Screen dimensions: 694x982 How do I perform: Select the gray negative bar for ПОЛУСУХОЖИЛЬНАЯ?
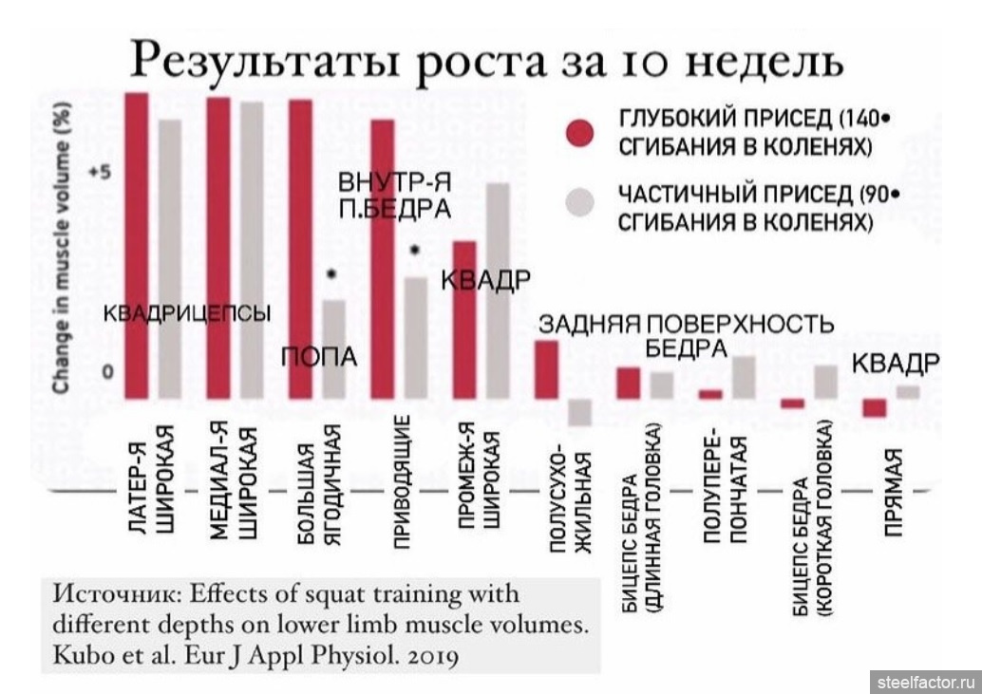coord(579,412)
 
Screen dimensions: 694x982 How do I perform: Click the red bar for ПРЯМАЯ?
coord(874,407)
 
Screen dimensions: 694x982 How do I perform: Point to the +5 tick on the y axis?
coord(99,173)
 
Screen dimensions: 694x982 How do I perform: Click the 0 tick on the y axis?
coord(107,372)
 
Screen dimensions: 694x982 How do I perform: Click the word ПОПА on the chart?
coord(321,357)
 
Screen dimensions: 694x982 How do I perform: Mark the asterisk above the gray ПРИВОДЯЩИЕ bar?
coord(414,250)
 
